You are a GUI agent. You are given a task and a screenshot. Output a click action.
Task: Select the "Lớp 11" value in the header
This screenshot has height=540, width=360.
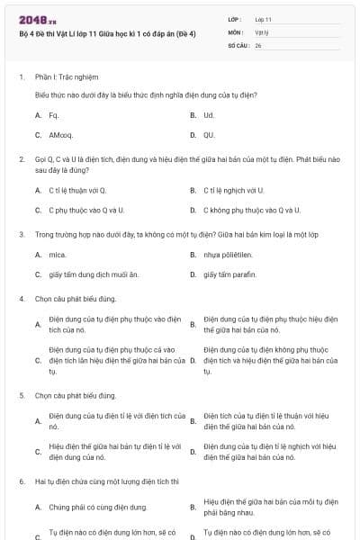point(264,18)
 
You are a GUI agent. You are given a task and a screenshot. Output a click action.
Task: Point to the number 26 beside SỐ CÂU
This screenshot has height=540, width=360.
point(258,44)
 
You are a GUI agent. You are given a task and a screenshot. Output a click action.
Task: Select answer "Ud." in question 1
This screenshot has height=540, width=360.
point(209,115)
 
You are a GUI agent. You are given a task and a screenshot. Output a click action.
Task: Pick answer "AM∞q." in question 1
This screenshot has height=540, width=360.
point(61,135)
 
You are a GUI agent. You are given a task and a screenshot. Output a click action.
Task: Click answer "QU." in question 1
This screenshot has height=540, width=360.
point(209,135)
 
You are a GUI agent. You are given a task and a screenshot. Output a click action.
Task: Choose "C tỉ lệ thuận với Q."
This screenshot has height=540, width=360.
point(77,190)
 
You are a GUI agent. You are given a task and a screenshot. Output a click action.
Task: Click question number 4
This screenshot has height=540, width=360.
point(21,299)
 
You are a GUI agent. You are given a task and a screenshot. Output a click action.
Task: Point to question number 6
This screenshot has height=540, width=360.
point(21,481)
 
